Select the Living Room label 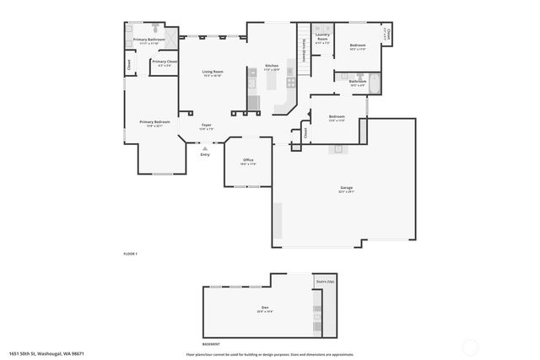(x=213, y=72)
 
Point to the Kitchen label (x=272, y=66)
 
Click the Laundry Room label (x=322, y=38)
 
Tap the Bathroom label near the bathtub (x=357, y=81)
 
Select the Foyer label (x=206, y=126)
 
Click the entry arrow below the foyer (x=204, y=148)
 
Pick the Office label (x=248, y=159)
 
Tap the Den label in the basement (x=265, y=308)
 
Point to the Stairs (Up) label (x=325, y=281)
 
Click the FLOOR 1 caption (x=130, y=254)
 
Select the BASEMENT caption (x=211, y=344)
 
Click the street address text (x=46, y=353)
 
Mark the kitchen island (x=273, y=83)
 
